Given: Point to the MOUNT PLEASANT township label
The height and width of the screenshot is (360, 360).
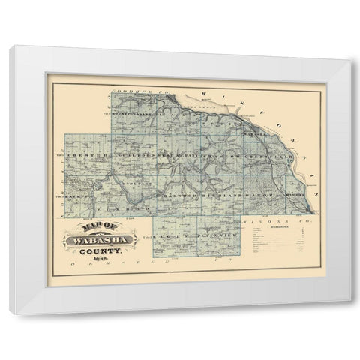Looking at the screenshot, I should tap(133, 113).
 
